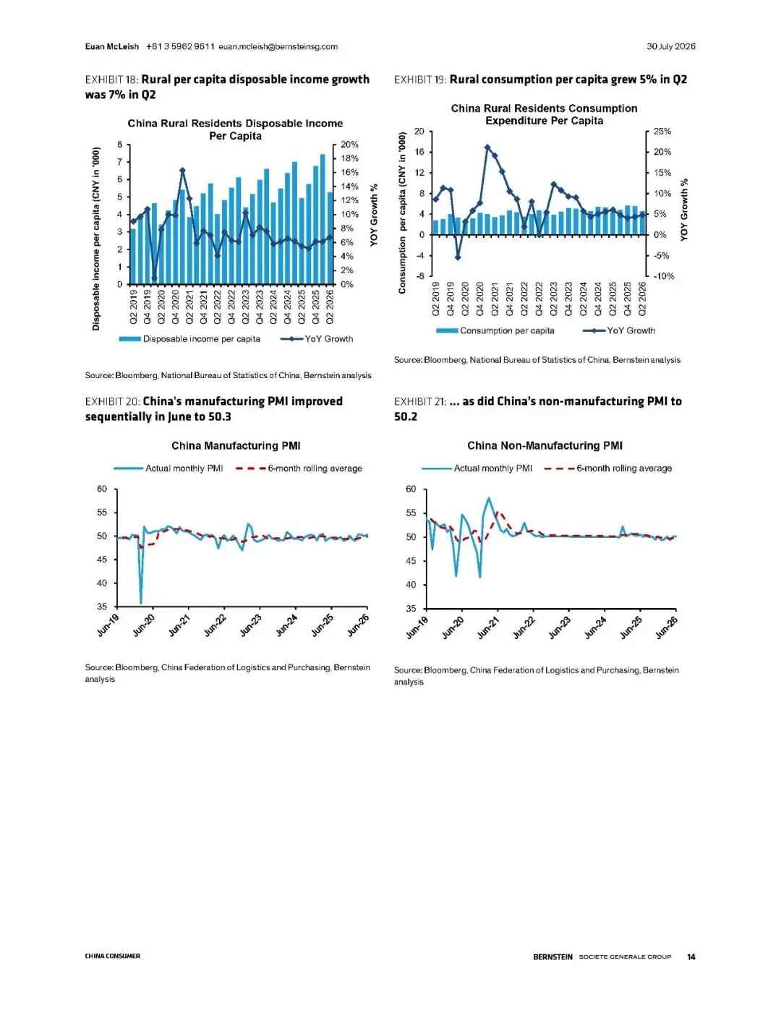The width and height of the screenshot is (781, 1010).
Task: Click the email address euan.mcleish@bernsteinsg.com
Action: point(278,46)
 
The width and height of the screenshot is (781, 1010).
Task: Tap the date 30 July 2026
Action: point(671,46)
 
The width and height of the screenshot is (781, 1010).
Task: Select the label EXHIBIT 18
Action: point(112,80)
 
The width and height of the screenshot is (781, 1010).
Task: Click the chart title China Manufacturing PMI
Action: point(236,446)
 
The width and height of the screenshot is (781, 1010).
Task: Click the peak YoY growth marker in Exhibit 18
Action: point(183,171)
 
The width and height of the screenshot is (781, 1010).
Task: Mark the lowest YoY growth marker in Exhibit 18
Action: point(154,279)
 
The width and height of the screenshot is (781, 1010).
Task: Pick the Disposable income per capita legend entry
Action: point(189,339)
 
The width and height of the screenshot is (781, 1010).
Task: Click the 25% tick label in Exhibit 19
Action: point(662,132)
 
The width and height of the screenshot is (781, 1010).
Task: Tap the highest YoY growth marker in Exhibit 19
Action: point(487,147)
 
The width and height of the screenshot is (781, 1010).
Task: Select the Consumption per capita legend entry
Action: point(495,330)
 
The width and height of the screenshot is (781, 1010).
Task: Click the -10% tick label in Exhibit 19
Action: point(663,276)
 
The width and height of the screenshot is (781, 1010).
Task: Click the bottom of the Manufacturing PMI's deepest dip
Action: point(141,603)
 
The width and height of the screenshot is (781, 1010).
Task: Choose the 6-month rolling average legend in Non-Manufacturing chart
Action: point(608,468)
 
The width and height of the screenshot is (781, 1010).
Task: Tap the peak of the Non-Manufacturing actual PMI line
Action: point(489,498)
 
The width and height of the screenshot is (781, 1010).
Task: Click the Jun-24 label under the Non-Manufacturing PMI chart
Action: point(596,627)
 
